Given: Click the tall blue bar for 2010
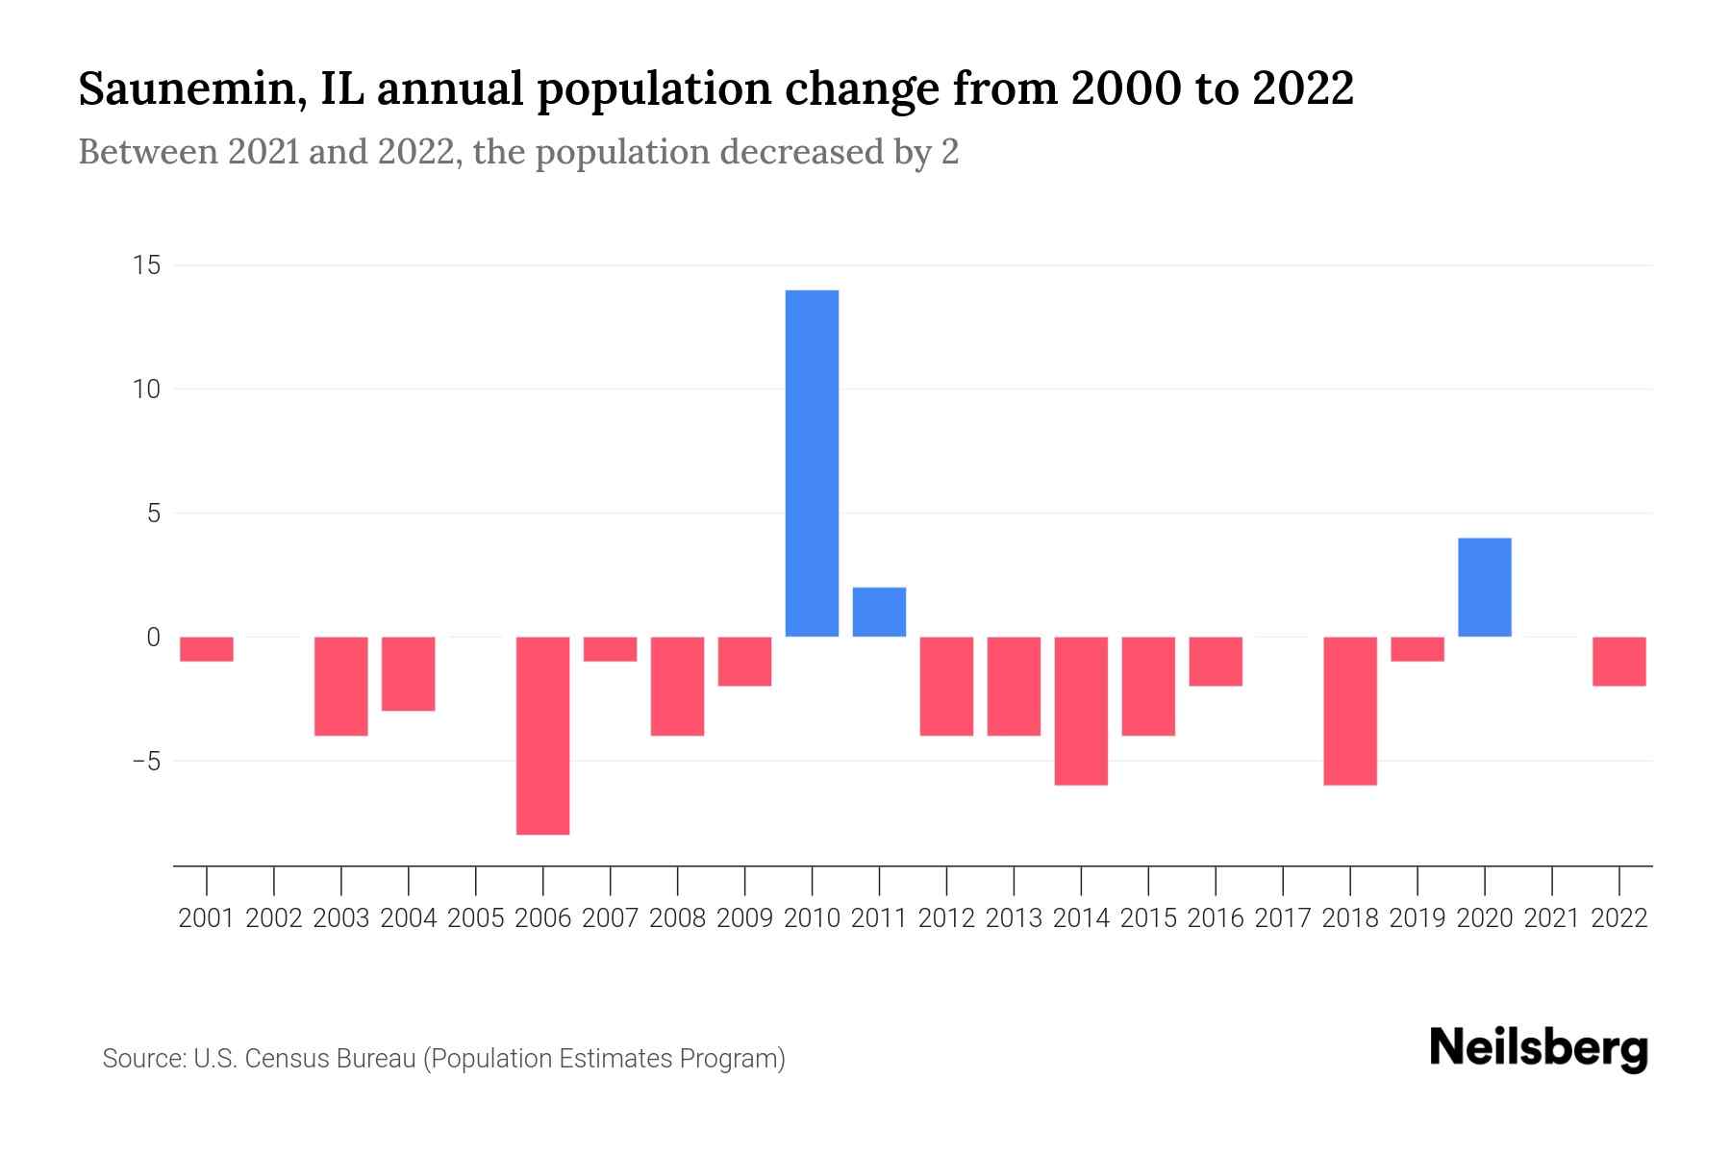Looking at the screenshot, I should point(812,463).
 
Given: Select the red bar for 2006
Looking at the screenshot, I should point(542,736).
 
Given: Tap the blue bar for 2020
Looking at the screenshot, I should point(1484,587).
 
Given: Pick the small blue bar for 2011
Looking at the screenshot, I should point(879,612).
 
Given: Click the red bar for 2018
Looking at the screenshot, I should point(1349,711).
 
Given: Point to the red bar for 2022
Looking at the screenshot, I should point(1618,662).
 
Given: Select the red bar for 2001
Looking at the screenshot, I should point(207,649).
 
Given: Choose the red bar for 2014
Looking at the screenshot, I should point(1081,711).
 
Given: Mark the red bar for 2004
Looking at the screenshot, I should point(408,674).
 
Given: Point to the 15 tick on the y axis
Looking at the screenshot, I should point(146,265).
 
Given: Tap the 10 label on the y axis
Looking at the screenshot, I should point(146,389).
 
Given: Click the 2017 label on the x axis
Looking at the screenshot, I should point(1283,918).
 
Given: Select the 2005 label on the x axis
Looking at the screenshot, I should point(475,918).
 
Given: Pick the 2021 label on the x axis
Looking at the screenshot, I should point(1551,918).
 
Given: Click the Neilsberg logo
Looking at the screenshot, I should point(1539,1048).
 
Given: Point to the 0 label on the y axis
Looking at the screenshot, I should point(154,638).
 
